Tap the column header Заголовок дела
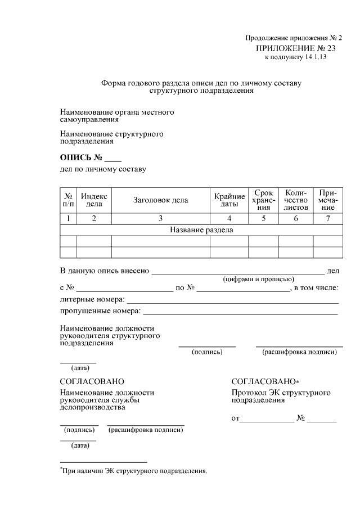pyautogui.click(x=160, y=200)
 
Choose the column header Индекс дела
pyautogui.click(x=94, y=200)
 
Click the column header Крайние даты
pyautogui.click(x=229, y=200)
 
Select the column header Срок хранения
pyautogui.click(x=263, y=200)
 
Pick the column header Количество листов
pyautogui.click(x=295, y=200)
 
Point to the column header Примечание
pyautogui.click(x=327, y=200)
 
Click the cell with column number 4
pyautogui.click(x=229, y=219)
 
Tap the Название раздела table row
pyautogui.click(x=201, y=230)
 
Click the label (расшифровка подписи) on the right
pyautogui.click(x=299, y=353)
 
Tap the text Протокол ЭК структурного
pyautogui.click(x=281, y=393)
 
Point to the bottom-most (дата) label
pyautogui.click(x=79, y=446)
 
